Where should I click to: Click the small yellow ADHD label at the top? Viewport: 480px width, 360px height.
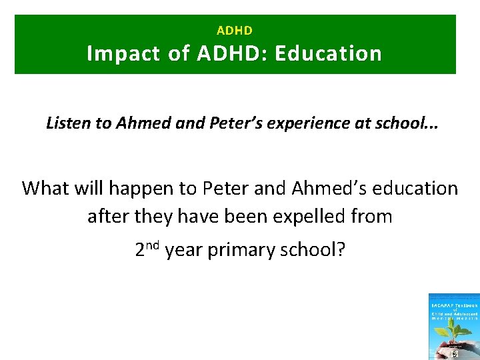(x=235, y=31)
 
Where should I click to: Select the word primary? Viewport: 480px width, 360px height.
(x=237, y=251)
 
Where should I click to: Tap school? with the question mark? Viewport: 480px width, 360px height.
(x=311, y=250)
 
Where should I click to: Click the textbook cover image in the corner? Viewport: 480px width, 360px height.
(x=453, y=327)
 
